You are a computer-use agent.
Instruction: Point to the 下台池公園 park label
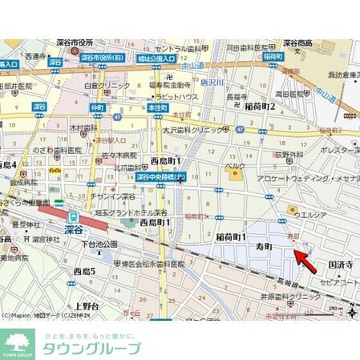[x=100, y=243]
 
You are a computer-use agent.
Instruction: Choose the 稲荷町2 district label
[x=260, y=105]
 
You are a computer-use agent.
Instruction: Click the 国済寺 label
[x=338, y=262]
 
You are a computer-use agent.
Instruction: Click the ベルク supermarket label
[x=234, y=165]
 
